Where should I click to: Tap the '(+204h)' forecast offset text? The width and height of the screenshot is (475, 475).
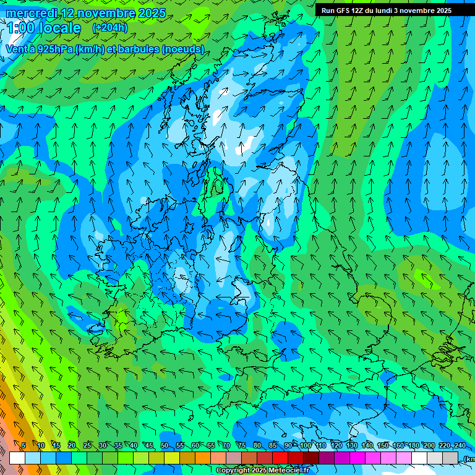(x=110, y=27)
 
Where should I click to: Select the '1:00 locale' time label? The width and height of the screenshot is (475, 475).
(x=44, y=28)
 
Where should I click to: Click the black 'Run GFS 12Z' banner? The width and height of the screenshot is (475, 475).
(x=387, y=11)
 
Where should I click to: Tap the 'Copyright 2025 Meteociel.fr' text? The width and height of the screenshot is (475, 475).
(x=263, y=471)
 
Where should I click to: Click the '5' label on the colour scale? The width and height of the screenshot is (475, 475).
(x=24, y=446)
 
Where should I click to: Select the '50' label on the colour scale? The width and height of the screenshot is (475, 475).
(x=165, y=446)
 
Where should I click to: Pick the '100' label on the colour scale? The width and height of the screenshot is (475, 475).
(x=306, y=446)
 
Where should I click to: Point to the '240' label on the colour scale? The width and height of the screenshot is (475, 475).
(x=460, y=446)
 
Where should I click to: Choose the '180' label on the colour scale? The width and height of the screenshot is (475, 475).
(x=413, y=446)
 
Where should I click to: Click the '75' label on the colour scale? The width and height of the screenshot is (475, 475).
(x=242, y=446)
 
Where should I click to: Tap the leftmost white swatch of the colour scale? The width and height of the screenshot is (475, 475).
(x=17, y=458)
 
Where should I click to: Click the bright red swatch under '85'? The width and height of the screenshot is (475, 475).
(x=280, y=458)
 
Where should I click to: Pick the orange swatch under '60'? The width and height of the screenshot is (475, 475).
(x=203, y=458)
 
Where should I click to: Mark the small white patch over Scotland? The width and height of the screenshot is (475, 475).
(x=240, y=148)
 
